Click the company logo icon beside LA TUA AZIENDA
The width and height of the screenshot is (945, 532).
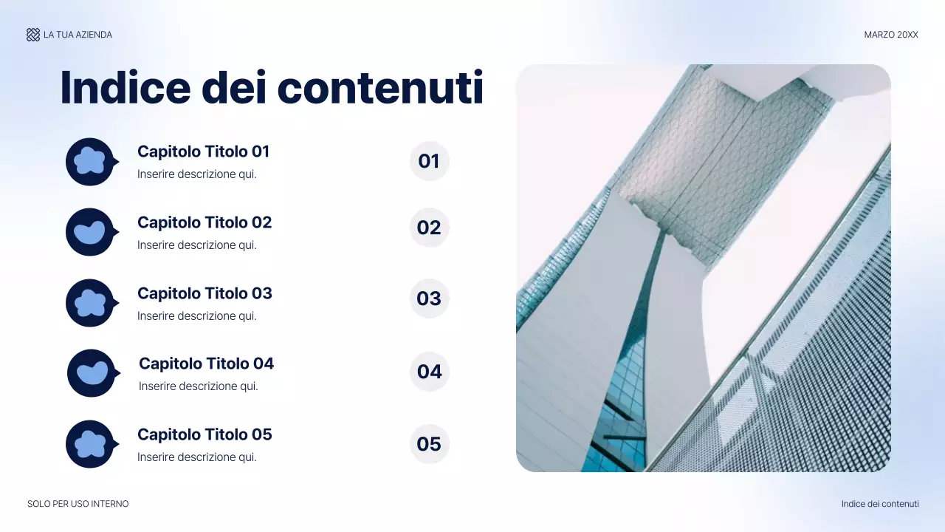(x=33, y=35)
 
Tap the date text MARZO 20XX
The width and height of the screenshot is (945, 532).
(x=891, y=35)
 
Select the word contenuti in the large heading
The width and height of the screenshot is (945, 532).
(x=380, y=87)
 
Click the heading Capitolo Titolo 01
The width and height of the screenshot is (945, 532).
(x=203, y=151)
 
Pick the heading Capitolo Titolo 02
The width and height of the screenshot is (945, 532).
(x=205, y=222)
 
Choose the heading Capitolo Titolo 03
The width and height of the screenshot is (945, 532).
(x=205, y=293)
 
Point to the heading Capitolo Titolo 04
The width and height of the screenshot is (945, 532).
(x=206, y=364)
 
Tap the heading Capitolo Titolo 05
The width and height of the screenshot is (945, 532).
(x=205, y=434)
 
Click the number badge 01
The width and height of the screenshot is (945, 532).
(x=429, y=161)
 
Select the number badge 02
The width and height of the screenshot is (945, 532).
(x=429, y=228)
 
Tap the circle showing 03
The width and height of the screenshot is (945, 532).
(x=429, y=299)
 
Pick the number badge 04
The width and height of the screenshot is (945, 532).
(x=429, y=372)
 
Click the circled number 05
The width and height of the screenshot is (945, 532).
(x=429, y=444)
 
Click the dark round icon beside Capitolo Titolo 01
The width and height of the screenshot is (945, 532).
(x=90, y=162)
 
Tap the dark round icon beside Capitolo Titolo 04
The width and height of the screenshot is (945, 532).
(x=92, y=373)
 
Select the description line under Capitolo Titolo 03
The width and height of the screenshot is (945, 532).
(x=197, y=316)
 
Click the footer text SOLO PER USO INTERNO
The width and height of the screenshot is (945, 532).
(x=78, y=504)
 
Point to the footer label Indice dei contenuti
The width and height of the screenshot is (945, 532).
(x=880, y=504)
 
